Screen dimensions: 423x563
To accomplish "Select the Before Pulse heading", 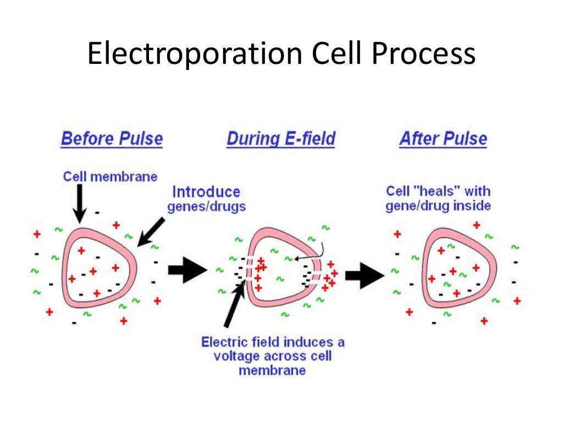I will [112, 138].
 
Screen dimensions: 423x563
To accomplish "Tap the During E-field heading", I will [280, 138].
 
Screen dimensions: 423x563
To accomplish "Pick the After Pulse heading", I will [443, 138].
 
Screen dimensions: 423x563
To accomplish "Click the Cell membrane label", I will [110, 176].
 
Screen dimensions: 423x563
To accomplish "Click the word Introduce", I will [206, 192].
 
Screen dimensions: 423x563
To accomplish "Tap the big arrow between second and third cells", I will [364, 274].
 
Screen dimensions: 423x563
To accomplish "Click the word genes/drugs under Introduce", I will [206, 207].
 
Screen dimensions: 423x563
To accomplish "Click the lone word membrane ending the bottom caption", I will [272, 370].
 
